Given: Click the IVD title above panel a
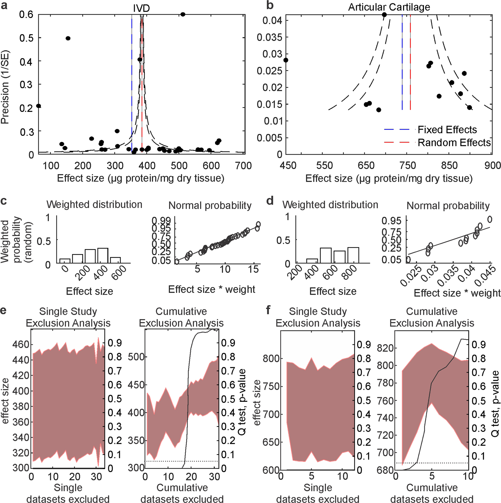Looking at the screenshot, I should point(141,8).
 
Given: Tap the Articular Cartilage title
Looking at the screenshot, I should point(389,7).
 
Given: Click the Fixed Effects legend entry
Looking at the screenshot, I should point(447,130).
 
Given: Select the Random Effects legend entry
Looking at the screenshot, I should point(454,142).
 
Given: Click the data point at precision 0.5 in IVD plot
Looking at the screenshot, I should point(68,38).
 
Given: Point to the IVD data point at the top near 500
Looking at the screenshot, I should point(183,14).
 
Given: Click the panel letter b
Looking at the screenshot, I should point(270,5).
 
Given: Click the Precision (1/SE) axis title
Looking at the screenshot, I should point(5,87).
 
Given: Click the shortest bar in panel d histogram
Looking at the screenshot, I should point(312,261).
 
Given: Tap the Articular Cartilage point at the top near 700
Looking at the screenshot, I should point(384,15).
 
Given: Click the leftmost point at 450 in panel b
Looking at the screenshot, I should point(286,60).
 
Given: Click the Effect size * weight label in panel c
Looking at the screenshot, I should point(212,289).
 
